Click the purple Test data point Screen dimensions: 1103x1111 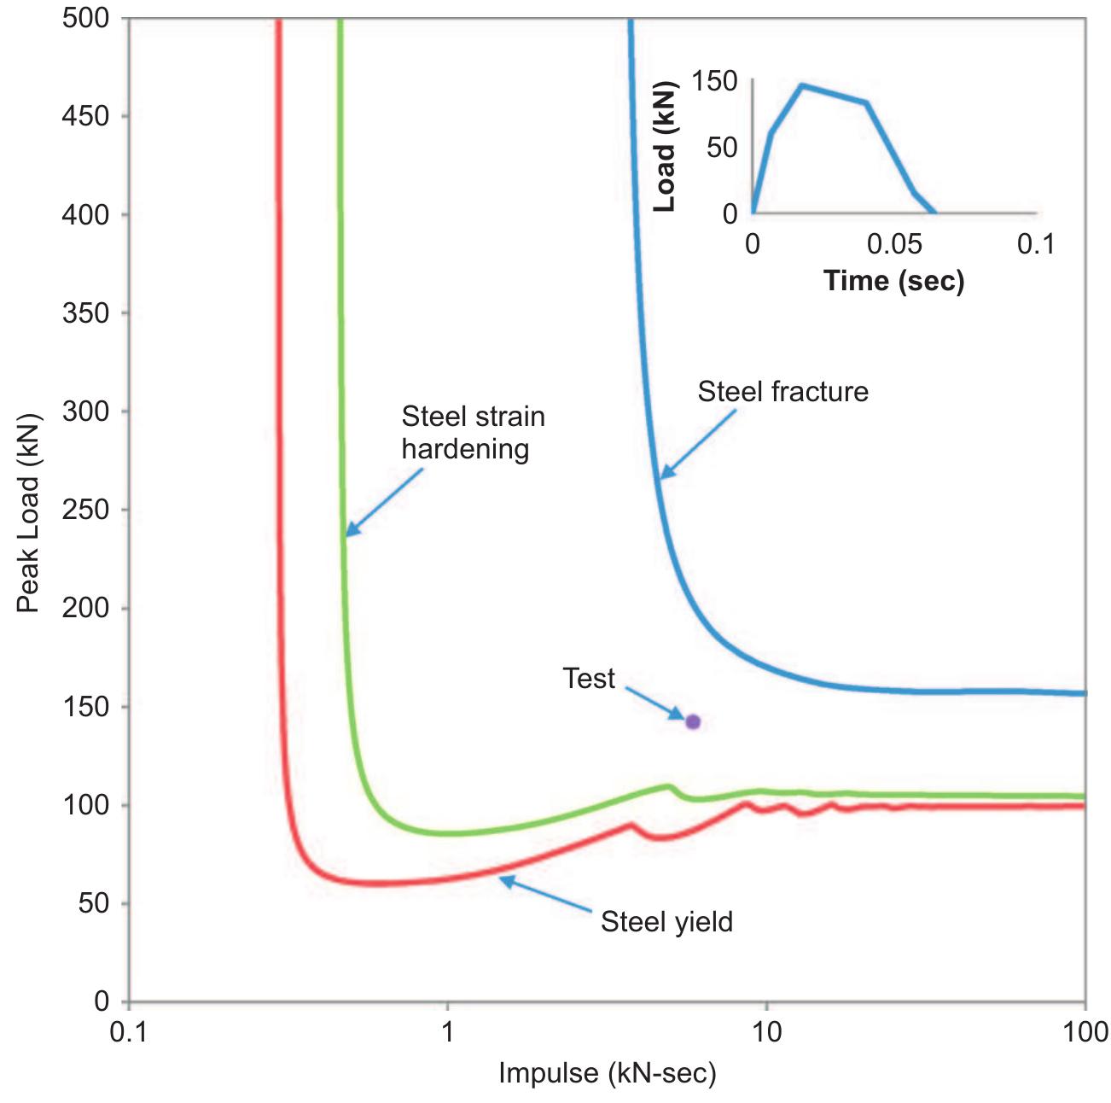pyautogui.click(x=693, y=722)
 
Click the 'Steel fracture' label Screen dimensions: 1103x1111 pyautogui.click(x=782, y=392)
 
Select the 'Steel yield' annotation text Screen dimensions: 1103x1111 pyautogui.click(x=666, y=922)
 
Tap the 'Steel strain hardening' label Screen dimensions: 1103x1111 pyautogui.click(x=473, y=433)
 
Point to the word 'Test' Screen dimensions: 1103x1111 pyautogui.click(x=589, y=679)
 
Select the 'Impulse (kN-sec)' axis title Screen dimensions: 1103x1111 pyautogui.click(x=607, y=1073)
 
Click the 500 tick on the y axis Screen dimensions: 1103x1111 pyautogui.click(x=85, y=18)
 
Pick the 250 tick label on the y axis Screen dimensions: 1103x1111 pyautogui.click(x=85, y=510)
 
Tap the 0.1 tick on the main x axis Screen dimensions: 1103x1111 pyautogui.click(x=129, y=1032)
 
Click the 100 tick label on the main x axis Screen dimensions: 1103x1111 pyautogui.click(x=1085, y=1032)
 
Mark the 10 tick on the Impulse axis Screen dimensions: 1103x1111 pyautogui.click(x=766, y=1032)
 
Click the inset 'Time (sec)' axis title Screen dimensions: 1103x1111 pyautogui.click(x=893, y=280)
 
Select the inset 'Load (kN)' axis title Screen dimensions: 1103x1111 pyautogui.click(x=664, y=147)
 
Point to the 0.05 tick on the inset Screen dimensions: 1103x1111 pyautogui.click(x=894, y=245)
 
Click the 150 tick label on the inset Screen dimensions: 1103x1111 pyautogui.click(x=714, y=82)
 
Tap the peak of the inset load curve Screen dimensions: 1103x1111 pyautogui.click(x=802, y=85)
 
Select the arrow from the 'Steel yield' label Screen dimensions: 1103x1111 pyautogui.click(x=546, y=894)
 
